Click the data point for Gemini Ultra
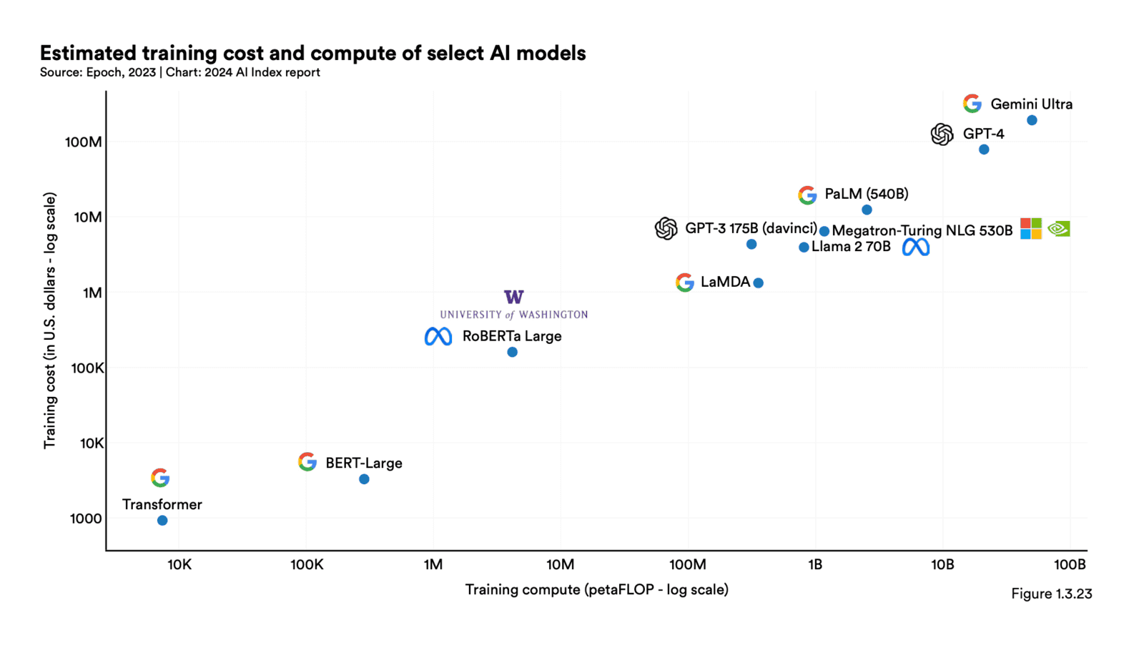click(x=1032, y=120)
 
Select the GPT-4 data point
click(x=984, y=149)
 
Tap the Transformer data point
click(x=162, y=521)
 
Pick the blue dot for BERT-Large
click(x=364, y=479)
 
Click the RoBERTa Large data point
click(x=512, y=352)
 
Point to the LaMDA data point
click(x=759, y=283)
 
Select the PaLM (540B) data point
click(x=867, y=210)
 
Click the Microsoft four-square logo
click(x=1030, y=229)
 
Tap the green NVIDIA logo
click(x=1059, y=229)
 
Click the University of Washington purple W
click(x=513, y=297)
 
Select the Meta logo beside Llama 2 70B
click(x=915, y=247)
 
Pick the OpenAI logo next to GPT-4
click(x=942, y=134)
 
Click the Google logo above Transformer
click(x=160, y=478)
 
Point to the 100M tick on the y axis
click(x=84, y=142)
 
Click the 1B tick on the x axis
click(x=815, y=564)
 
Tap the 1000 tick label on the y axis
click(x=86, y=519)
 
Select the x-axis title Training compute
click(x=596, y=589)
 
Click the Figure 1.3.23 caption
click(x=1051, y=594)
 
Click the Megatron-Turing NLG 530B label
click(x=922, y=230)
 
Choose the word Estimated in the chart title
click(x=88, y=53)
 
